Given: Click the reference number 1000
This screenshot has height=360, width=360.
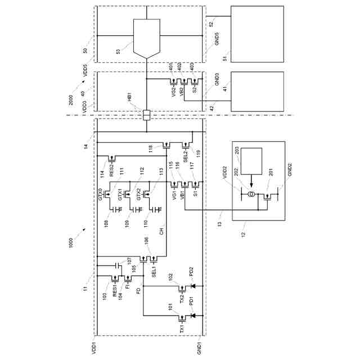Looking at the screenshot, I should coord(71,243).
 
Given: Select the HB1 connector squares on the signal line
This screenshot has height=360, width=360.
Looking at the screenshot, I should coord(146,115).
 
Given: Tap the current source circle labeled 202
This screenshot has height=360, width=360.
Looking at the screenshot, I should coord(252,194).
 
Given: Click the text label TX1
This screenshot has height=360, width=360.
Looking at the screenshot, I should coord(182,329).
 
